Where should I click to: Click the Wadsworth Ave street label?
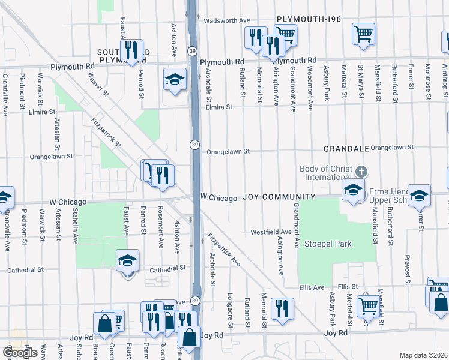pyautogui.click(x=226, y=20)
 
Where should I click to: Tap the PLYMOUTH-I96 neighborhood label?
pyautogui.click(x=309, y=20)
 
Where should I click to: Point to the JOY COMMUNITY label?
pyautogui.click(x=279, y=197)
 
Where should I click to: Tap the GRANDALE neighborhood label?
pyautogui.click(x=345, y=148)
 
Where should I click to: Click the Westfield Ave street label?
pyautogui.click(x=271, y=232)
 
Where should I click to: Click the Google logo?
pyautogui.click(x=20, y=353)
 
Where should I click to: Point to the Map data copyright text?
pyautogui.click(x=424, y=355)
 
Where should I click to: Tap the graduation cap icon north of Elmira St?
pyautogui.click(x=175, y=80)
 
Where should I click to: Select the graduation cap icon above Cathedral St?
pyautogui.click(x=127, y=261)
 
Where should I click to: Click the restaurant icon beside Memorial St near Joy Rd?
pyautogui.click(x=282, y=309)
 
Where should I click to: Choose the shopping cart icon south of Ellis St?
pyautogui.click(x=367, y=305)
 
